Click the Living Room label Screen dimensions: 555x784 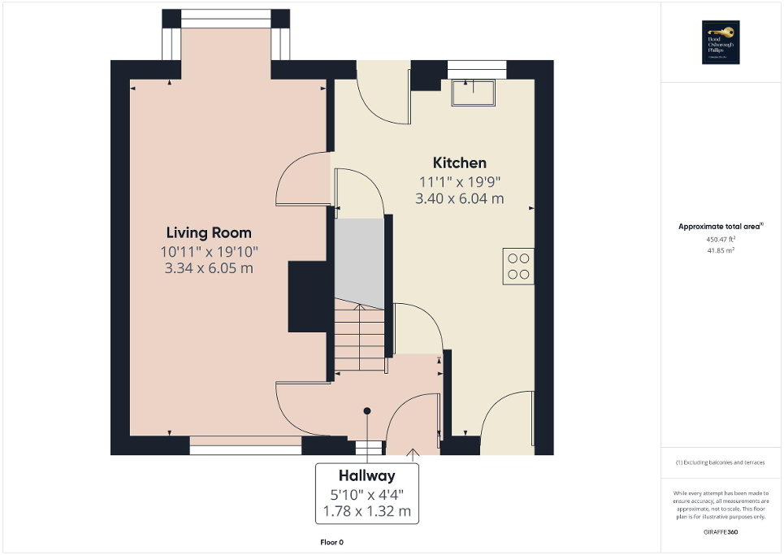(x=209, y=232)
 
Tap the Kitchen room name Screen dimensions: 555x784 (x=459, y=163)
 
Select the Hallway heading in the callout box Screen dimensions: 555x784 (x=366, y=476)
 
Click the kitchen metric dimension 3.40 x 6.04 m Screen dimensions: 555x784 (x=459, y=198)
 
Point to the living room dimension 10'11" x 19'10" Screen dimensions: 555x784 (x=209, y=251)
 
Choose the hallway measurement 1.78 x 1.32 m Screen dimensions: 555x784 (x=366, y=512)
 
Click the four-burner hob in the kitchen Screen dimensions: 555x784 (x=518, y=266)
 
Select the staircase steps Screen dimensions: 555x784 (x=358, y=332)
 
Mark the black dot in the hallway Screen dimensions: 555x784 (x=367, y=410)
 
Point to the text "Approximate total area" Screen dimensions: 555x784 (x=720, y=227)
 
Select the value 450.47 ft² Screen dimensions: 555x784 (x=720, y=240)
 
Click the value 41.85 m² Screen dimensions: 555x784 (x=720, y=251)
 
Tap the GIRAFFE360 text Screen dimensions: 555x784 (x=721, y=531)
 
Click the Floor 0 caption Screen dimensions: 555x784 (x=332, y=542)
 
